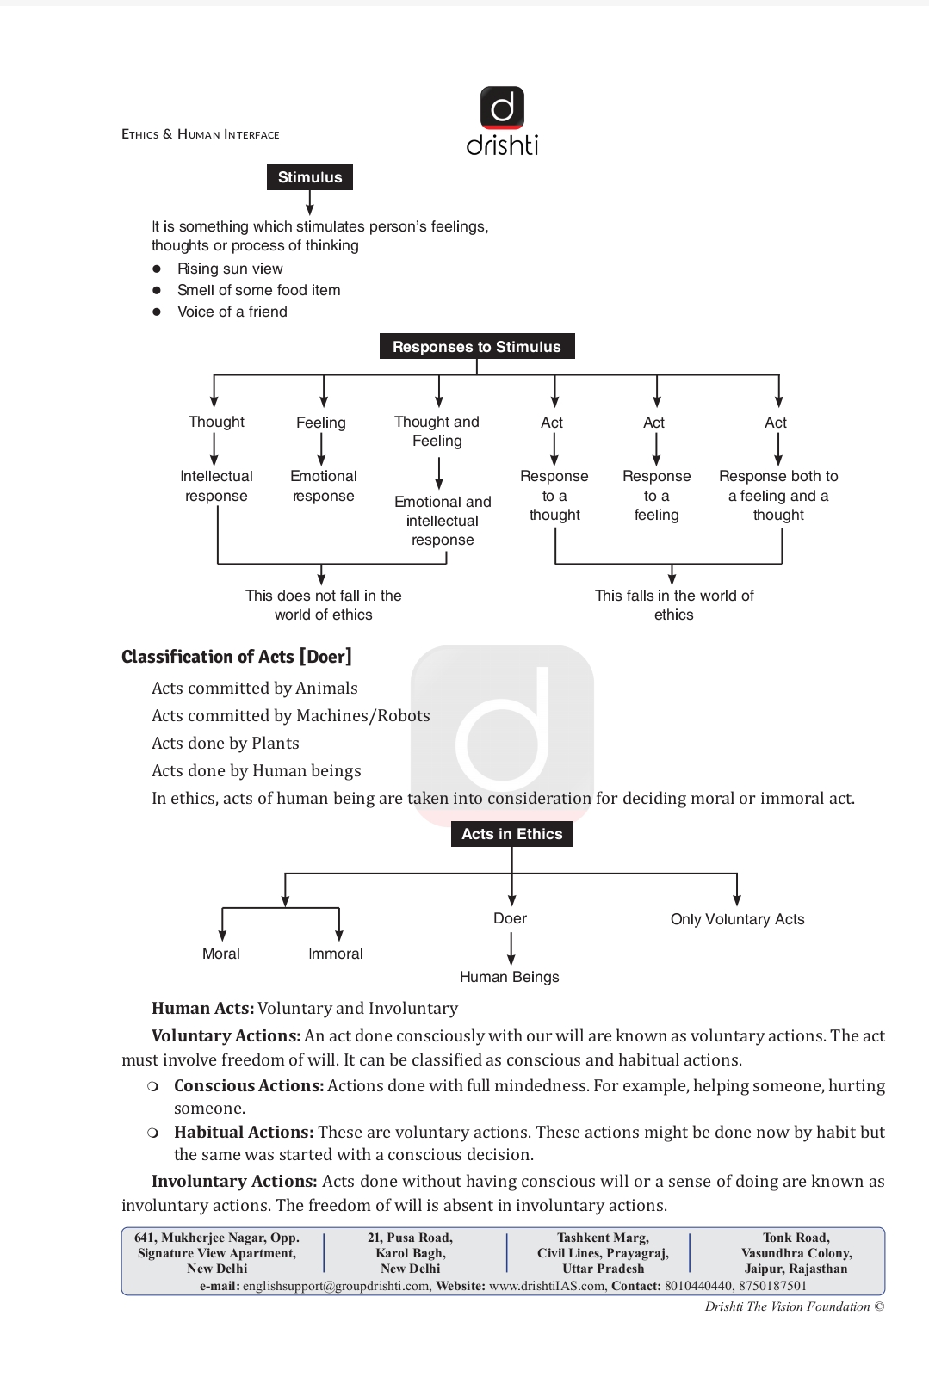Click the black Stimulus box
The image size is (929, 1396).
(310, 177)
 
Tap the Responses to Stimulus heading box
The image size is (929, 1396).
(477, 346)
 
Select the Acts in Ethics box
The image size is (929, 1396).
(512, 834)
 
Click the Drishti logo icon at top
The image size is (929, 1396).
(502, 108)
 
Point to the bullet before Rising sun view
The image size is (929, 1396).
(157, 269)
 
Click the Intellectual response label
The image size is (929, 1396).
(216, 486)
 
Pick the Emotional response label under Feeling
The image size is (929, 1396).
(324, 486)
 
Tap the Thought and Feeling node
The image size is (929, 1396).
(437, 431)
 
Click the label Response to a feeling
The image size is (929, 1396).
(657, 496)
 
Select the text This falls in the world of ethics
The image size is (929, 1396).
(674, 605)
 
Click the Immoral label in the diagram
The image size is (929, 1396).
(336, 954)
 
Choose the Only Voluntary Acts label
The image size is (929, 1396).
(738, 919)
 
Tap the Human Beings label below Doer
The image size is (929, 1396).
(510, 977)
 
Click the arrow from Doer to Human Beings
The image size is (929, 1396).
(511, 948)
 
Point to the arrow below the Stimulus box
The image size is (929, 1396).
(310, 202)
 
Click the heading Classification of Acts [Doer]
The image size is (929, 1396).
(237, 657)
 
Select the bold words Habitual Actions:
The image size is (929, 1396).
(244, 1133)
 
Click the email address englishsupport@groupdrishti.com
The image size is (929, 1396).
(336, 1286)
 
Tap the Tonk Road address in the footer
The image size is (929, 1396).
(796, 1252)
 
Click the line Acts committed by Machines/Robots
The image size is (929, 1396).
(290, 715)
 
